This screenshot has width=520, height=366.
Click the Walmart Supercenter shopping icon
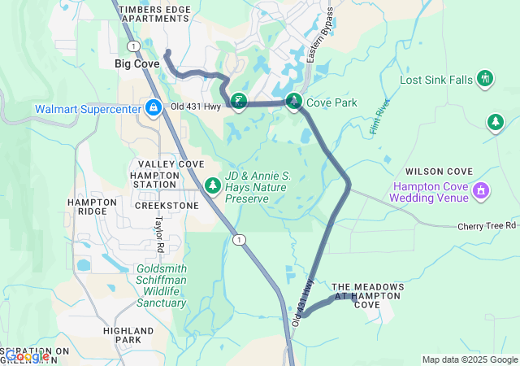pos(153,107)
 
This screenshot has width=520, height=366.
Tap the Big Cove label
pos(136,63)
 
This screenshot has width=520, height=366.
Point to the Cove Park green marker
pos(293,102)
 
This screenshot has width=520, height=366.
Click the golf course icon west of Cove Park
pos(238,101)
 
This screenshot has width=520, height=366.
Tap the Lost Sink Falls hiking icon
pos(485,79)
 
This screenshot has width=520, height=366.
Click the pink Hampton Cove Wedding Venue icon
pos(481,191)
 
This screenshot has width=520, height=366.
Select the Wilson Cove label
pos(439,172)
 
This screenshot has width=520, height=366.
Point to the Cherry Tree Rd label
pos(487,225)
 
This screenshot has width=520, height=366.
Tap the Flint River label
pos(379,116)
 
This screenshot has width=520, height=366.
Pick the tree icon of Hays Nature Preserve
pos(213,186)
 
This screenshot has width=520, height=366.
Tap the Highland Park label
pos(128,336)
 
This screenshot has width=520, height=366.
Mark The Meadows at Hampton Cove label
pos(367,295)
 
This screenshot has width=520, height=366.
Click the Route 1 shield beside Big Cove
pos(133,46)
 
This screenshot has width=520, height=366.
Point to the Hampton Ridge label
pos(87,207)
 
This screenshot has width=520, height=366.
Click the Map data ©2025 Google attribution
pos(470,359)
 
